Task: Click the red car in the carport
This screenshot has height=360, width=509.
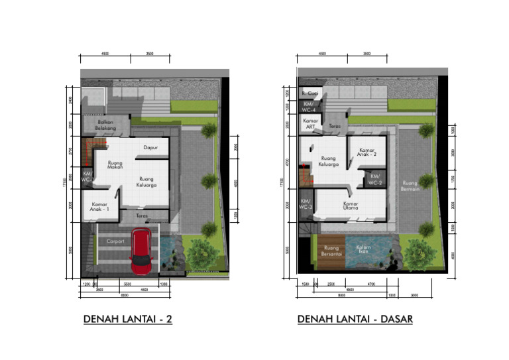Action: tap(142, 252)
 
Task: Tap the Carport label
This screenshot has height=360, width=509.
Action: tap(115, 241)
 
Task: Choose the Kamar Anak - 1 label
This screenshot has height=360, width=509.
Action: tap(100, 207)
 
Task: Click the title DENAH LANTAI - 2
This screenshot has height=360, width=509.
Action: tap(128, 319)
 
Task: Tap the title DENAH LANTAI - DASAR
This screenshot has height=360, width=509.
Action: tap(355, 319)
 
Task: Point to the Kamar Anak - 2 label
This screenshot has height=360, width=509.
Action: tap(367, 153)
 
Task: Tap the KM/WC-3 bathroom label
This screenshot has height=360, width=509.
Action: tap(306, 204)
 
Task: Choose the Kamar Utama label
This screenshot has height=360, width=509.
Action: tap(351, 206)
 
